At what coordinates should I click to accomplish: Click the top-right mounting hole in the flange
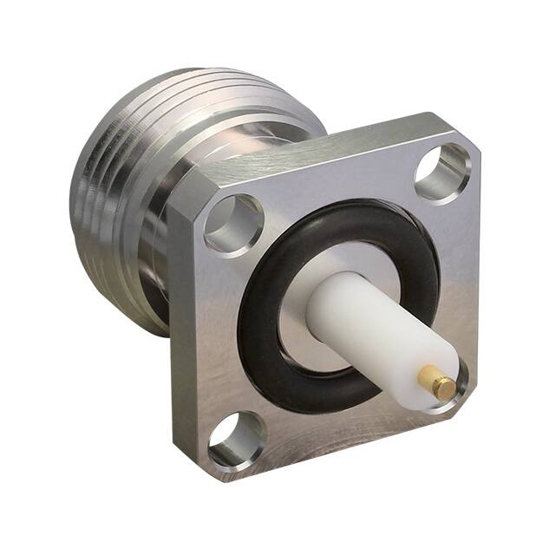click(442, 173)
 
